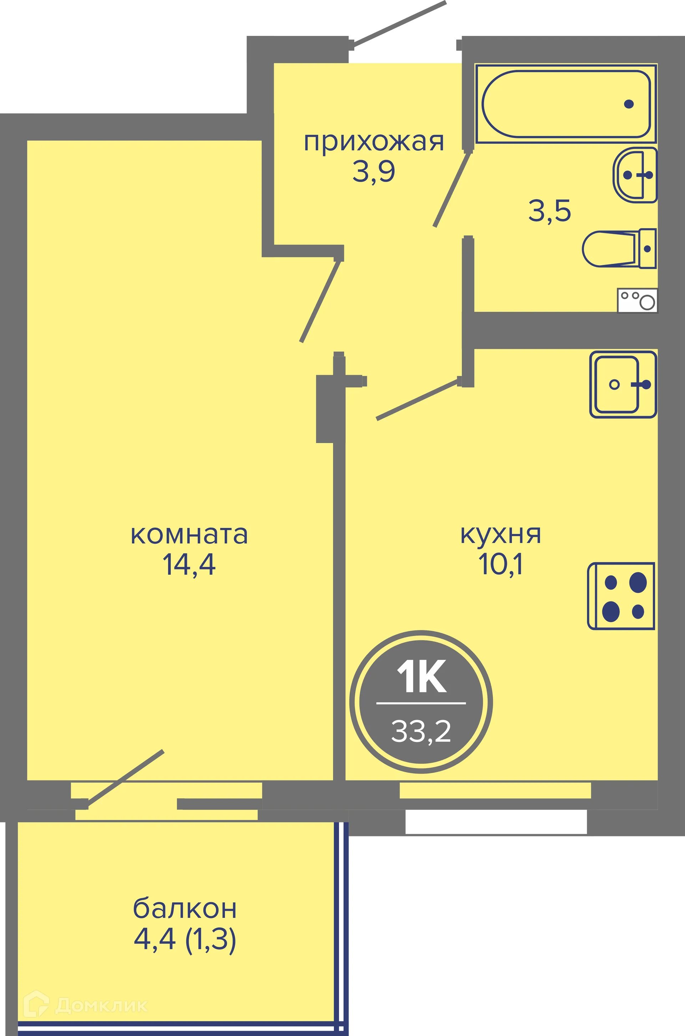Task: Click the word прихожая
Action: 374,143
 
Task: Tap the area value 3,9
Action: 374,171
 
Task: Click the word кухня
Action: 501,535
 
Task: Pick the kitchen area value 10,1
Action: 501,564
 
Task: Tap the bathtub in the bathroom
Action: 566,104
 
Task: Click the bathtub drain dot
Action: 629,104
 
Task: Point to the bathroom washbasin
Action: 635,175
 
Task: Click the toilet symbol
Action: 619,248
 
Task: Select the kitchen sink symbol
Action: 623,385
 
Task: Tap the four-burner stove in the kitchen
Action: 621,596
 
